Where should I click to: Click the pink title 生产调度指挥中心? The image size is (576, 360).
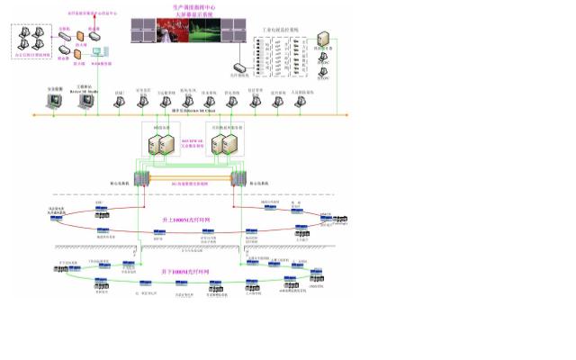click(192, 6)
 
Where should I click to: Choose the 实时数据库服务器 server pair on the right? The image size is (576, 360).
click(226, 146)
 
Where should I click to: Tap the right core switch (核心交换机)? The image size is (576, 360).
click(239, 179)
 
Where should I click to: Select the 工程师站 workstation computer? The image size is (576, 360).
click(86, 101)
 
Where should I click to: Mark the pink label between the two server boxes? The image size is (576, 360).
click(193, 142)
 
